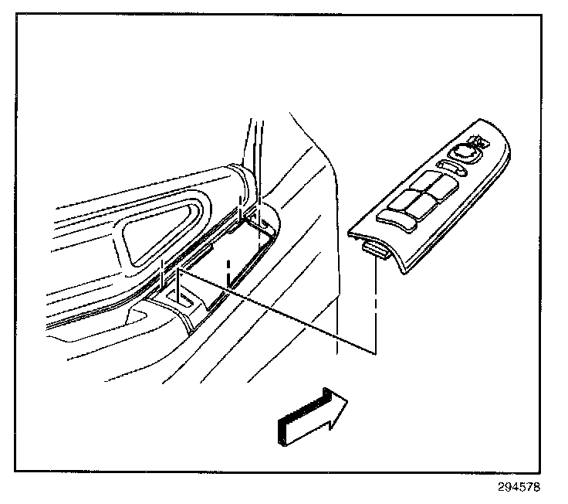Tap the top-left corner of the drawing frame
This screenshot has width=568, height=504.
[17, 17]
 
